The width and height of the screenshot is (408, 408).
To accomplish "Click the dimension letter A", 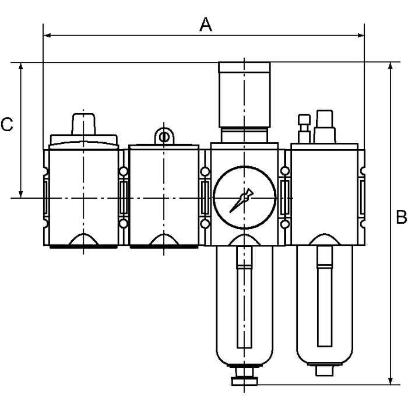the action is [x=206, y=24].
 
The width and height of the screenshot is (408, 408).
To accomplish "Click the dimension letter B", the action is [x=401, y=217].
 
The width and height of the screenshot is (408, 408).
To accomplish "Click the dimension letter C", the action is [x=7, y=124].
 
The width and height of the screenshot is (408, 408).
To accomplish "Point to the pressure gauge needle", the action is [x=241, y=201].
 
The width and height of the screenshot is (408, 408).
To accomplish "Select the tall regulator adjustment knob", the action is [x=244, y=94].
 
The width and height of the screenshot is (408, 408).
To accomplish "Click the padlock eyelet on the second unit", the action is [x=164, y=136].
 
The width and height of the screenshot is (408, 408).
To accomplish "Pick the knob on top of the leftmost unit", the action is [x=83, y=124].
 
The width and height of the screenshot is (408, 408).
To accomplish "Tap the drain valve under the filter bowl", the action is [x=244, y=376].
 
